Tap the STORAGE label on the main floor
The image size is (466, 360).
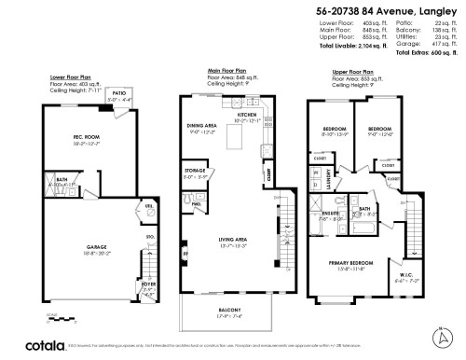pos(195,171)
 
